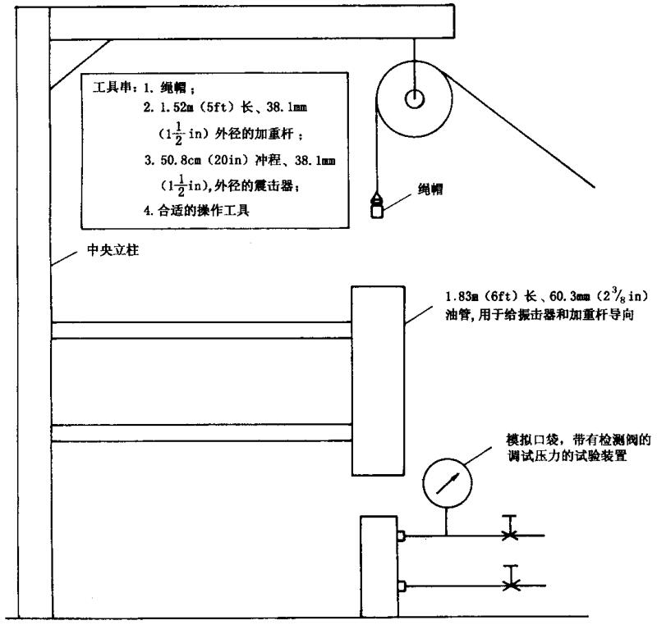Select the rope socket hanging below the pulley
[x=379, y=205]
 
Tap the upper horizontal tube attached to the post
[x=201, y=330]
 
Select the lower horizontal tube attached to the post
[x=201, y=432]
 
